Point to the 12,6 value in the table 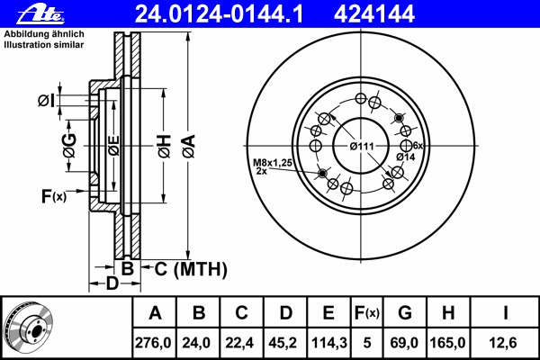(x=506, y=342)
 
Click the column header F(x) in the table (x=366, y=314)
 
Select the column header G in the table (x=406, y=314)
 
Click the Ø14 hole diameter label (x=406, y=158)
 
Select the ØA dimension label (x=188, y=143)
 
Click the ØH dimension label (x=164, y=143)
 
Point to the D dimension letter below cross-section (x=112, y=285)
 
